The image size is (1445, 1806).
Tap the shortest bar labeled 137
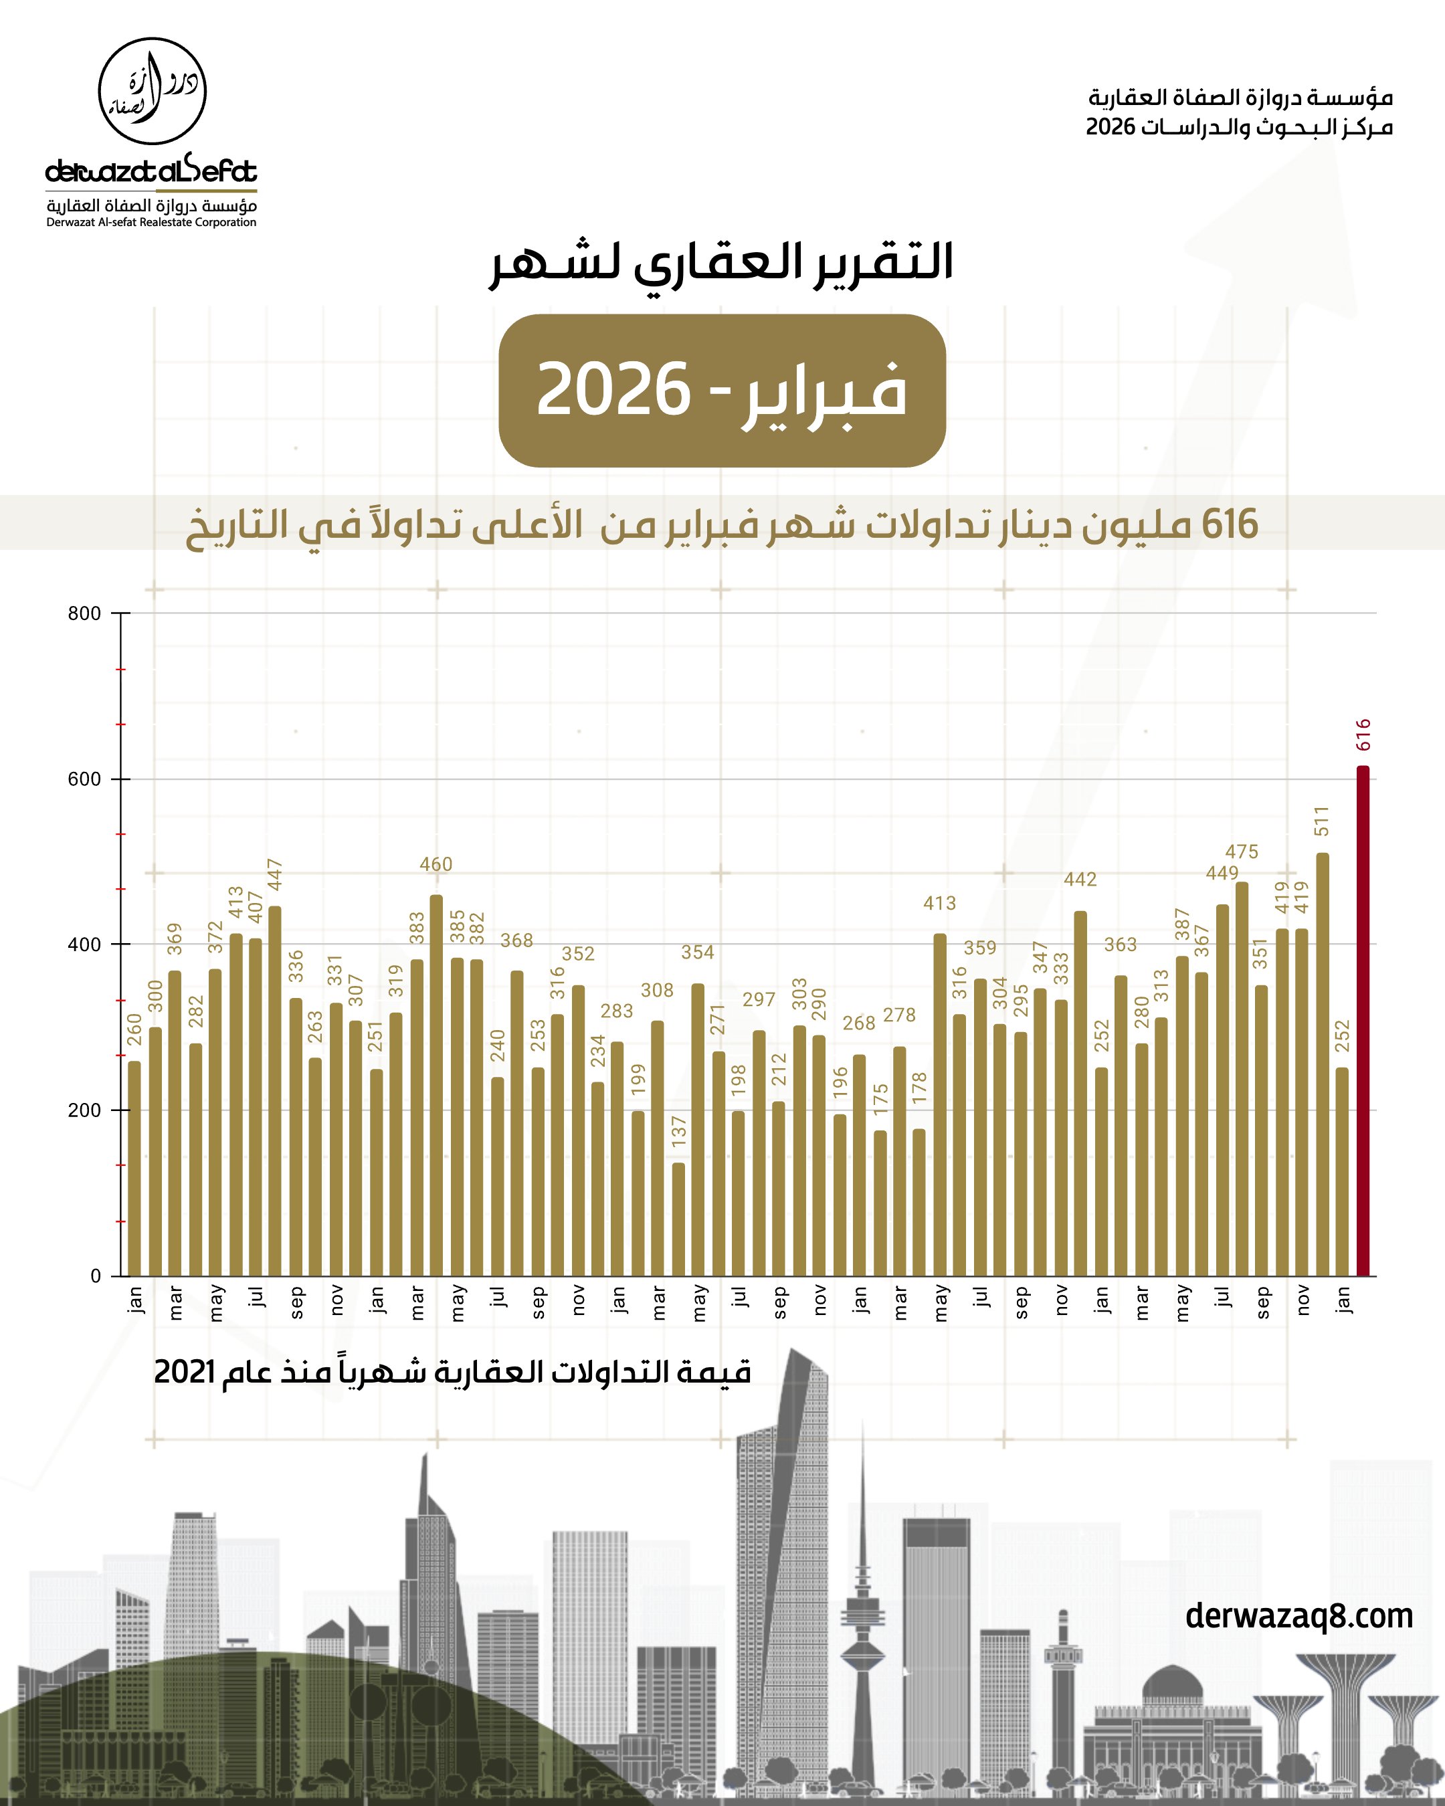point(678,1219)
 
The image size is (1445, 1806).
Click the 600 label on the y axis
point(84,779)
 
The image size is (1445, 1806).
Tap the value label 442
point(1080,880)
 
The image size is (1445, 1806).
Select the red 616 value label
point(1363,734)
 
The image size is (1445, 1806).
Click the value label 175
point(880,1100)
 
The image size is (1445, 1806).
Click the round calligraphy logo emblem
point(153,92)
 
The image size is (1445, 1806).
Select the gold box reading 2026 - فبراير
point(722,391)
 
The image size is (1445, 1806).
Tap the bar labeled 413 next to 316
point(940,1105)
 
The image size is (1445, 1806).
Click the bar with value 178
point(920,1202)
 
